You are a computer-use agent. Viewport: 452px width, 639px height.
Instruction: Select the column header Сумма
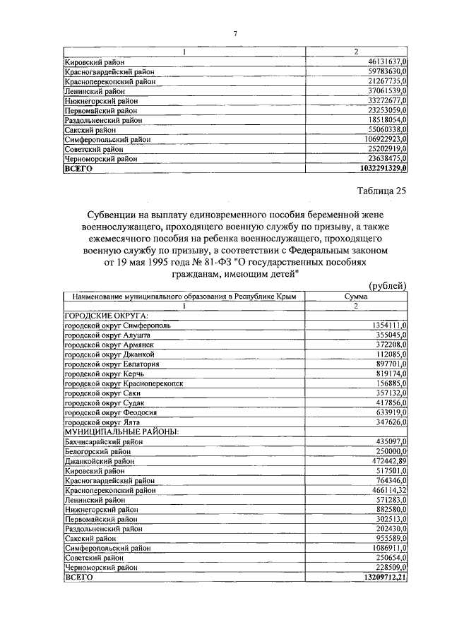click(x=355, y=297)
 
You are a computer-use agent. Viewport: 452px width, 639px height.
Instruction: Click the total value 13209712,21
click(x=381, y=577)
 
